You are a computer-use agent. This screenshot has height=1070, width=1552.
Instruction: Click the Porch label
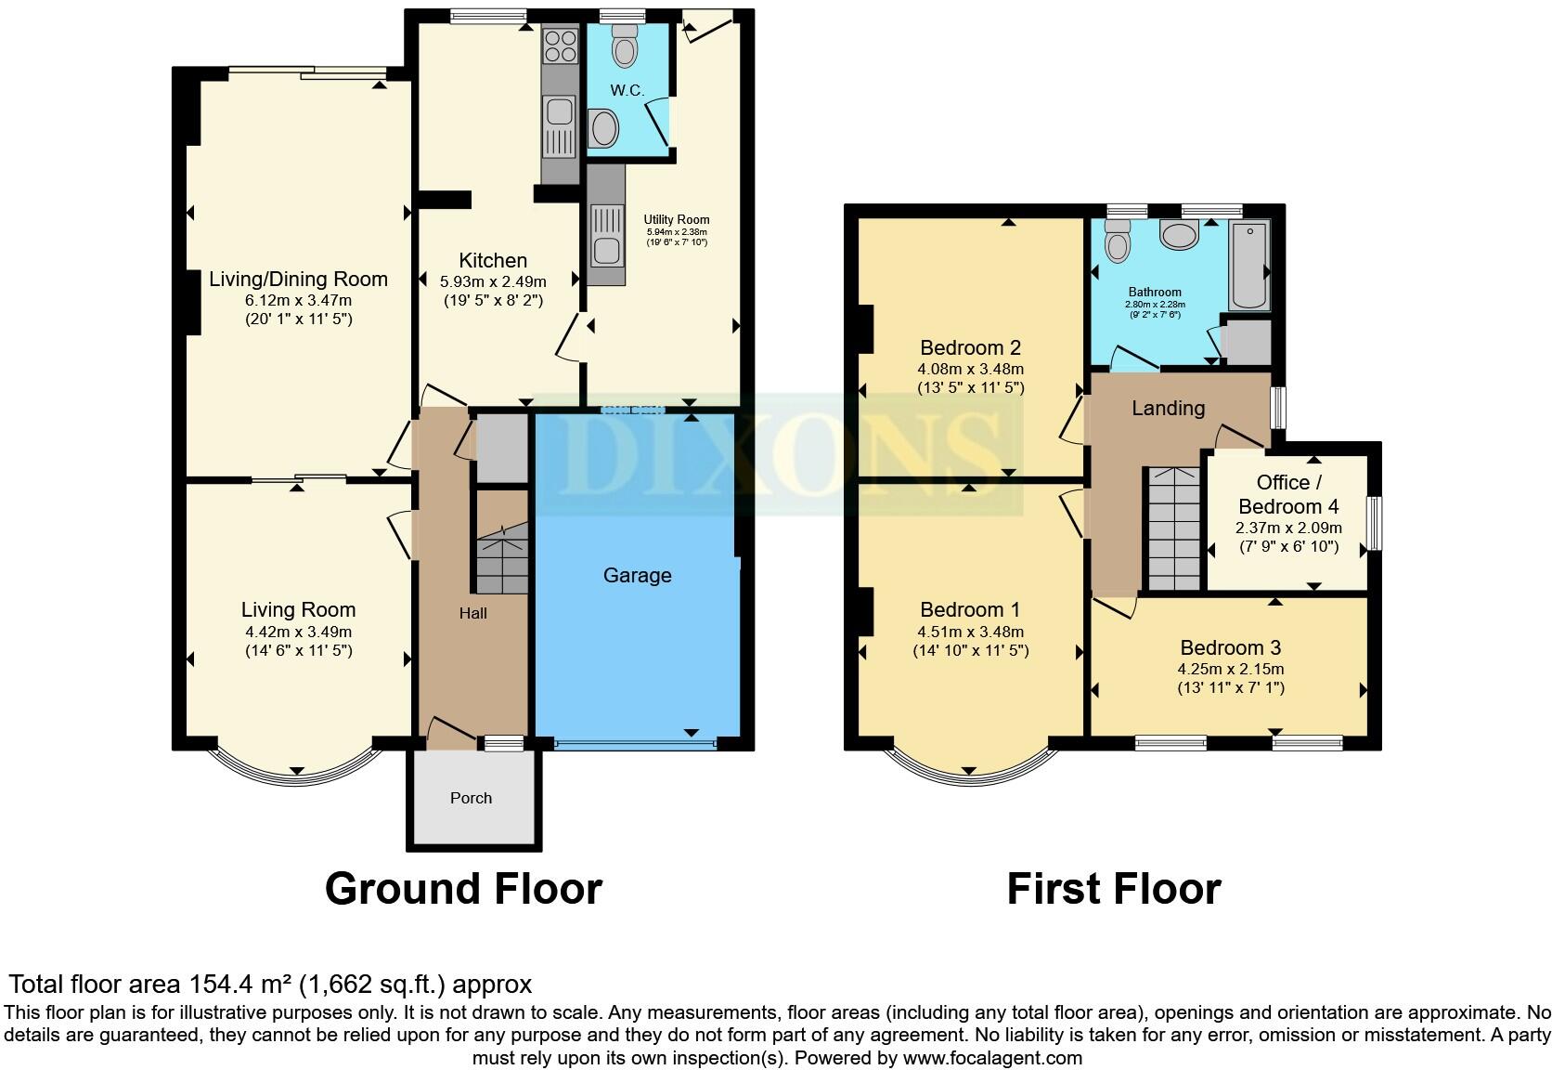click(x=471, y=798)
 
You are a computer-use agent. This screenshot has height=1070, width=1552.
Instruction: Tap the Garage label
click(x=637, y=575)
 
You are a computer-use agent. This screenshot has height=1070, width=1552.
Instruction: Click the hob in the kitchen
click(x=560, y=46)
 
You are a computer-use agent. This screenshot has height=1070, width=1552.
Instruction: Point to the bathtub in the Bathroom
click(x=1248, y=265)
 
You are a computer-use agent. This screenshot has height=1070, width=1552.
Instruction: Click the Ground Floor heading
click(x=463, y=889)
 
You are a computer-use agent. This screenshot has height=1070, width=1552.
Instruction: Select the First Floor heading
click(x=1113, y=889)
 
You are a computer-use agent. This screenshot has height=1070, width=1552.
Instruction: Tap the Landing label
click(x=1168, y=408)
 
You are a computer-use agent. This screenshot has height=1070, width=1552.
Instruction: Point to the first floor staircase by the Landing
click(x=1173, y=528)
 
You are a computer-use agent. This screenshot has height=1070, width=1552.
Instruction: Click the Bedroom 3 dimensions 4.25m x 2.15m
click(x=1231, y=669)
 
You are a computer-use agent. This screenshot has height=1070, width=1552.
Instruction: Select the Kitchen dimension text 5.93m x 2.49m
click(x=493, y=281)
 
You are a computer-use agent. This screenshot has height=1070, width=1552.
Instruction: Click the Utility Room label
click(x=677, y=220)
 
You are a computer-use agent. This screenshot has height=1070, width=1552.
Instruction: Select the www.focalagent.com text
click(x=992, y=1057)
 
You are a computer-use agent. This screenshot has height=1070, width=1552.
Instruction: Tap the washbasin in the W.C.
click(x=603, y=129)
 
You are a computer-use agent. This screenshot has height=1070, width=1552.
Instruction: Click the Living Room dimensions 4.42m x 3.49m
click(x=298, y=632)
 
